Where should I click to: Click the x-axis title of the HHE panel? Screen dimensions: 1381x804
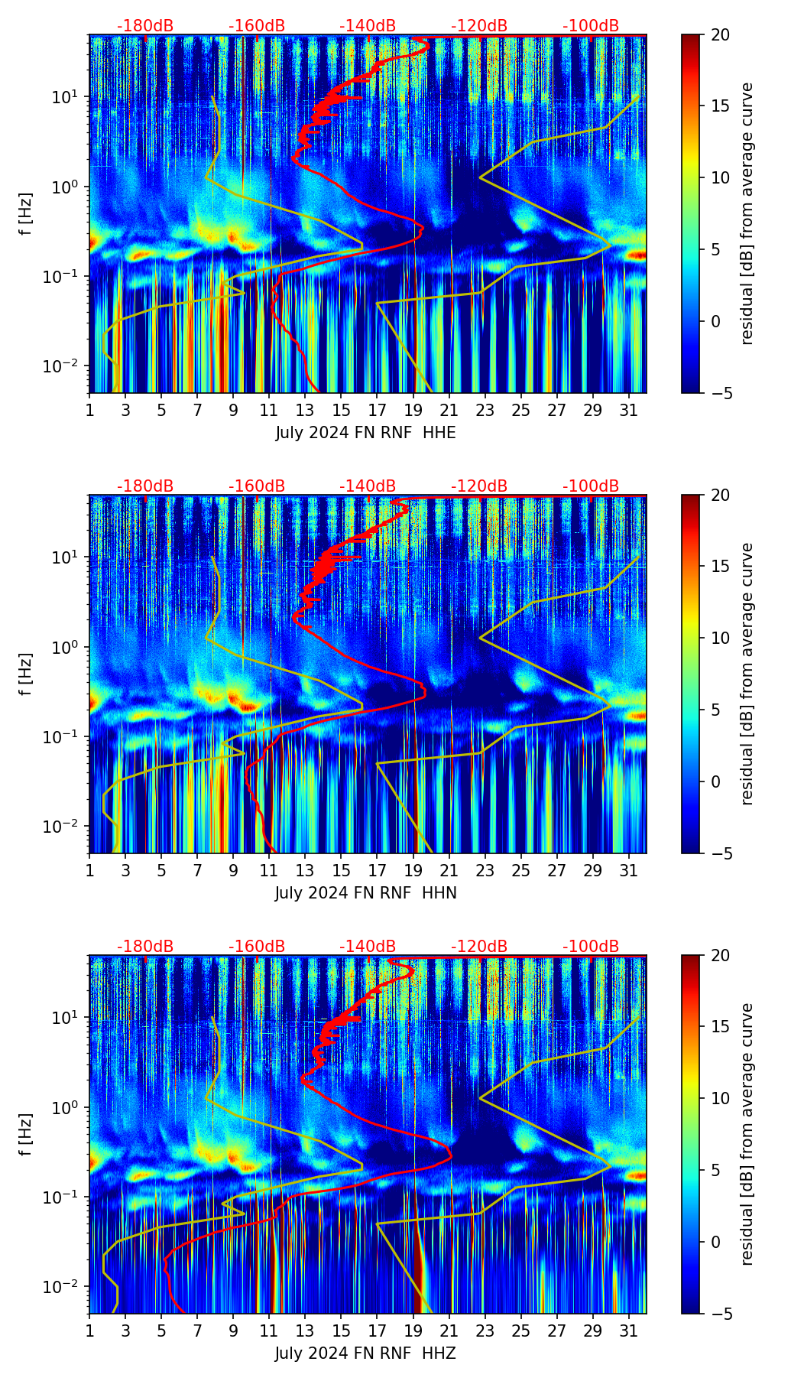(365, 433)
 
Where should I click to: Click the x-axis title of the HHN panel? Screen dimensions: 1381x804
(365, 893)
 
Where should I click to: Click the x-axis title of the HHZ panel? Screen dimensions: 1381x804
(365, 1353)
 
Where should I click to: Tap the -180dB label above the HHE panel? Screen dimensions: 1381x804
(145, 26)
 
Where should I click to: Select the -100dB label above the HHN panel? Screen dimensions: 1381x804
(591, 486)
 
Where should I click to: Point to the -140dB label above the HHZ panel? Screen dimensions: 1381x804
(368, 947)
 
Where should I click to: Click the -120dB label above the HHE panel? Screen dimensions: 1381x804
(479, 26)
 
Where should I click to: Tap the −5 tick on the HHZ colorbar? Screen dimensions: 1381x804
(720, 1314)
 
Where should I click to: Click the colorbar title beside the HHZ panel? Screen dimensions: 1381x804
(747, 1134)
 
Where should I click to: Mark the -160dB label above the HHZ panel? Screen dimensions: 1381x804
(256, 947)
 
